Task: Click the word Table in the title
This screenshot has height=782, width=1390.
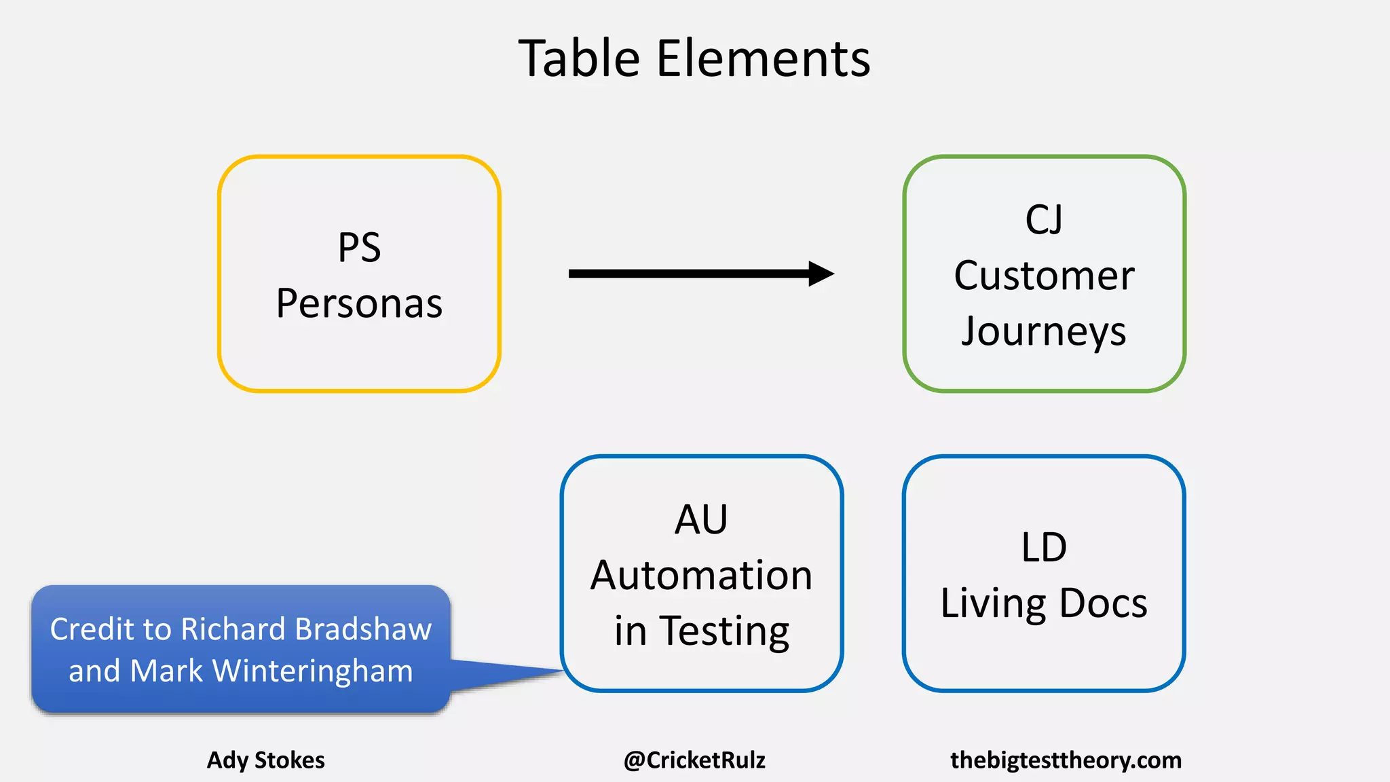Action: (x=580, y=59)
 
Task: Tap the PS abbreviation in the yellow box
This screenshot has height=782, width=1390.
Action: (x=359, y=248)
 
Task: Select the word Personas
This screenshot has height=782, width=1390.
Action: (x=359, y=303)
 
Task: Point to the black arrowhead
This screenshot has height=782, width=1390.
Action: (x=821, y=274)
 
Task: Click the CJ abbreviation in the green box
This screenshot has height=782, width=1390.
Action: (x=1044, y=220)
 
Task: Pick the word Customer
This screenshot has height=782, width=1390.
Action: (x=1044, y=276)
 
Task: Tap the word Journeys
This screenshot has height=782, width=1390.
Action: (x=1044, y=332)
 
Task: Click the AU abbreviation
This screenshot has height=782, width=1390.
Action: (x=701, y=520)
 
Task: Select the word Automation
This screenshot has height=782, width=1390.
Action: (x=701, y=576)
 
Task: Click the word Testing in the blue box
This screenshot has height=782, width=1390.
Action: (x=724, y=631)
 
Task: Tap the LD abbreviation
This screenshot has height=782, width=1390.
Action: (x=1044, y=548)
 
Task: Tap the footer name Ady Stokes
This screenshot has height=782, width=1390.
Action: (x=266, y=760)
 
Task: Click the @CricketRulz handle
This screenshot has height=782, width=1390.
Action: (x=694, y=760)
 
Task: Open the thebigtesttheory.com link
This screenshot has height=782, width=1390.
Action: (x=1066, y=760)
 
